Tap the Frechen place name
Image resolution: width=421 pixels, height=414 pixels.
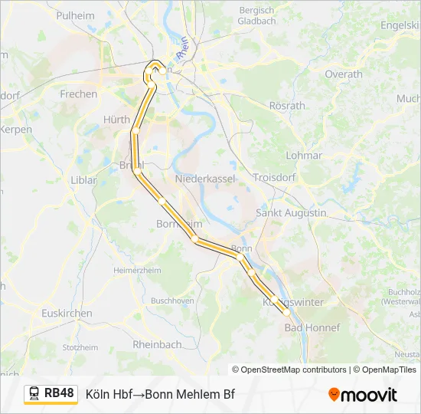coord(79,94)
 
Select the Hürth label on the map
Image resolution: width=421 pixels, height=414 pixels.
coord(116,120)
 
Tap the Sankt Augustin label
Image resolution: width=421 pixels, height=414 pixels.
coord(291,212)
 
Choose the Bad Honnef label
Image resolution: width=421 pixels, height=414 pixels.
coord(312,327)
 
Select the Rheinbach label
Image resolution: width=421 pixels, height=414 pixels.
coord(157,345)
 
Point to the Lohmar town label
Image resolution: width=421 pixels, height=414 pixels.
coord(304,155)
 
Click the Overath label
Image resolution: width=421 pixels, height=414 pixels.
coord(344,74)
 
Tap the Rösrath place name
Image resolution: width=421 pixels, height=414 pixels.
coord(287,105)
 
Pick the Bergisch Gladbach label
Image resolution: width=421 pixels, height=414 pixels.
coord(257,16)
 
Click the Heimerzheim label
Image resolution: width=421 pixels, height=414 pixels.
coord(138,271)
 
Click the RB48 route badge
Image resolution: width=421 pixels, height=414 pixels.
coord(59,393)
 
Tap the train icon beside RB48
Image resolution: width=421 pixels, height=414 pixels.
coord(34,394)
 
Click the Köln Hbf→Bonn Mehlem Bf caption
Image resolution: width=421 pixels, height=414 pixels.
coord(160,395)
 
